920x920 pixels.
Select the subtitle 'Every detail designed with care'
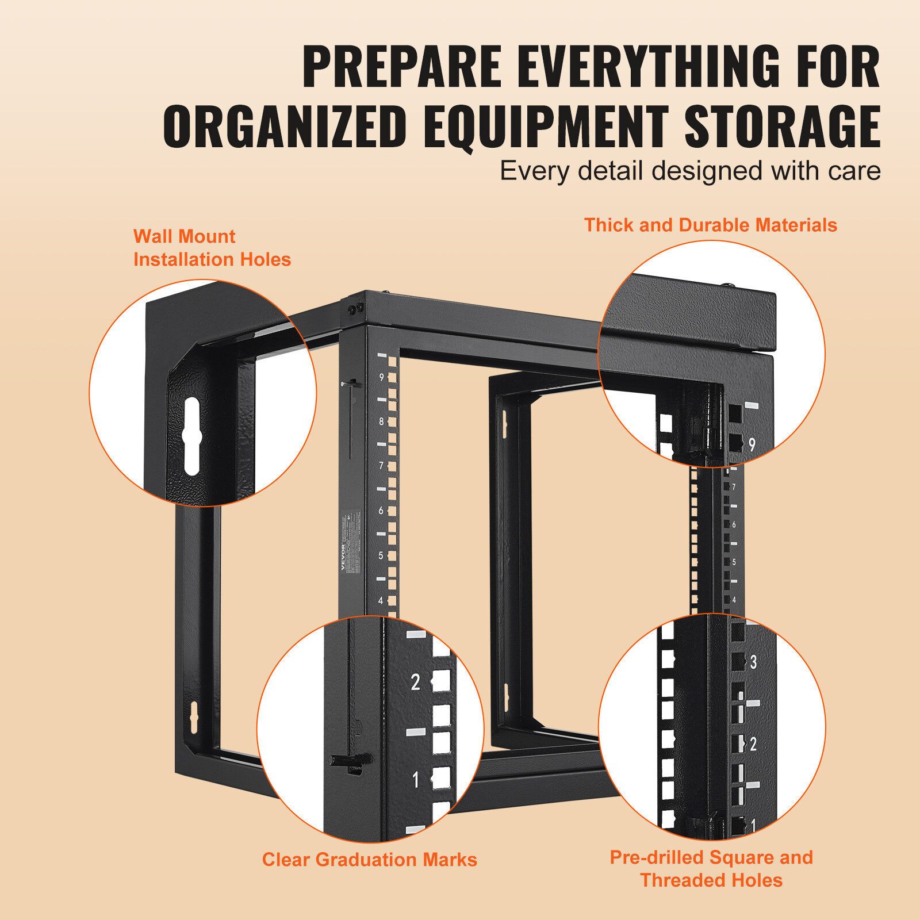pyautogui.click(x=690, y=171)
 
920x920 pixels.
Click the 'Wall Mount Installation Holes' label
pyautogui.click(x=212, y=248)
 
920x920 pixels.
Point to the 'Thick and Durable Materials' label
pyautogui.click(x=710, y=225)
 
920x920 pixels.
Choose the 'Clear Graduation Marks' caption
pyautogui.click(x=369, y=860)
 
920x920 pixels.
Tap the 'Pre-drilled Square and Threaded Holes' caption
pyautogui.click(x=711, y=868)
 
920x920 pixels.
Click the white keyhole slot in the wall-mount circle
pyautogui.click(x=191, y=436)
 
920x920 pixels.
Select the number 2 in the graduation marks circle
pyautogui.click(x=415, y=683)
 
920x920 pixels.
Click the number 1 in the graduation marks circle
pyautogui.click(x=416, y=780)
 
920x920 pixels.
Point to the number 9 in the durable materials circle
pyautogui.click(x=752, y=444)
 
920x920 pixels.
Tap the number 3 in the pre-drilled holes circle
pyautogui.click(x=753, y=662)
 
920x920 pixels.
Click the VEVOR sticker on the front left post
pyautogui.click(x=351, y=540)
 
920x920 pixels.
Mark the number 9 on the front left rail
pyautogui.click(x=381, y=378)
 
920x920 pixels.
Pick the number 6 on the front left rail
pyautogui.click(x=381, y=511)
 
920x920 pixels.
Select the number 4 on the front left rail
pyautogui.click(x=381, y=600)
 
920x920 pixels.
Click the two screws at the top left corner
pyautogui.click(x=355, y=309)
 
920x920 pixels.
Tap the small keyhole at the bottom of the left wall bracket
pyautogui.click(x=194, y=716)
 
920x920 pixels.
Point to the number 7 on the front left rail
pyautogui.click(x=381, y=466)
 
